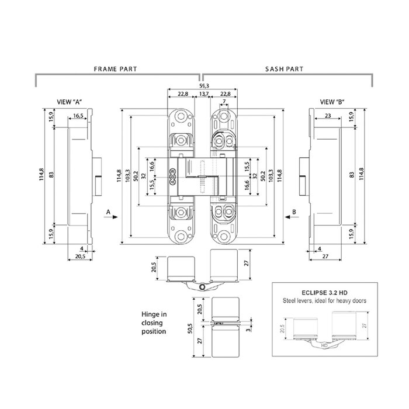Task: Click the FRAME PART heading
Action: [x=116, y=68]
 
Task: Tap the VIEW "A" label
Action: [x=68, y=102]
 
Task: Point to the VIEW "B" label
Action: [x=332, y=102]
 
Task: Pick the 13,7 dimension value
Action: [x=203, y=93]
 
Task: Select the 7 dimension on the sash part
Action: [x=224, y=102]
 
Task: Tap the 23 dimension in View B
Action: [x=328, y=116]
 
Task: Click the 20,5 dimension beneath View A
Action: [x=80, y=256]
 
